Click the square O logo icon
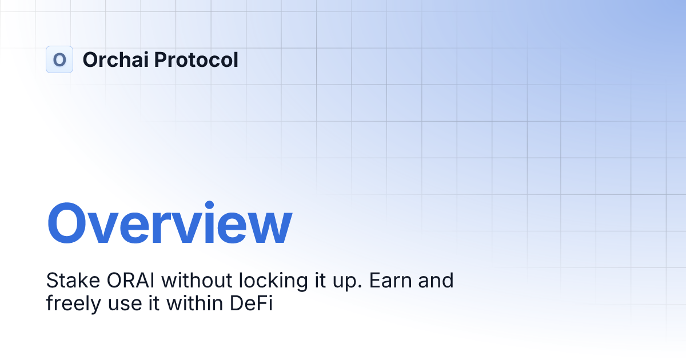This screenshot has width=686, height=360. pyautogui.click(x=59, y=59)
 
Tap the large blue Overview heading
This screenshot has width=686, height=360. pyautogui.click(x=169, y=224)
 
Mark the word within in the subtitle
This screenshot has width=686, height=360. pyautogui.click(x=196, y=303)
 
